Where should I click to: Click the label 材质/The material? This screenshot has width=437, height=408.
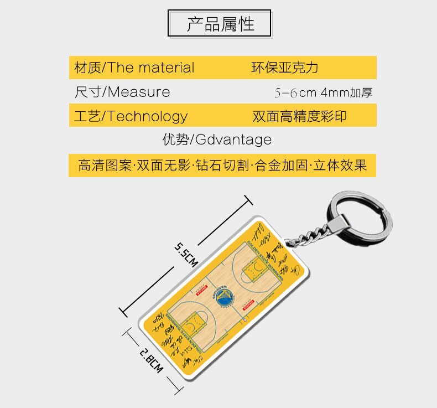(x=134, y=68)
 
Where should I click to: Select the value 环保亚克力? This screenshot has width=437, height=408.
(x=285, y=68)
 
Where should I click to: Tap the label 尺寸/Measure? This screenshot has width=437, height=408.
(x=122, y=92)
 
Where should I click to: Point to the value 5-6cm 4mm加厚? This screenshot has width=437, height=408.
(x=323, y=92)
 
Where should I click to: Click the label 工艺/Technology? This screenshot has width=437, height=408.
(x=131, y=116)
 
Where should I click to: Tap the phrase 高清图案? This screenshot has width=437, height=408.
(x=105, y=165)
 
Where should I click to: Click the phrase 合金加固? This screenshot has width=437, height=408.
(x=282, y=165)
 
